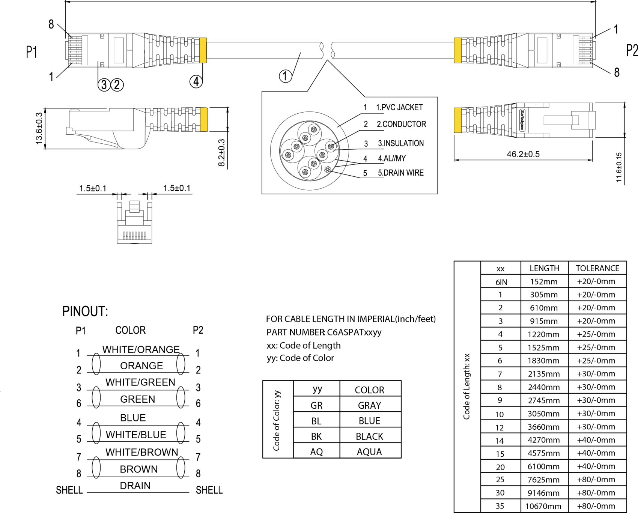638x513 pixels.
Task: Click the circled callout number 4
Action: click(196, 81)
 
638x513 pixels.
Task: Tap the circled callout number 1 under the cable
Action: click(285, 76)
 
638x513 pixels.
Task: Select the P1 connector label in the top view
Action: click(32, 52)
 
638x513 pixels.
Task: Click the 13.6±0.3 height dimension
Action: click(39, 128)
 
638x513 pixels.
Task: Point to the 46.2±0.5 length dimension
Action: click(523, 154)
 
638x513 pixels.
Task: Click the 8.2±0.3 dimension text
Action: click(221, 153)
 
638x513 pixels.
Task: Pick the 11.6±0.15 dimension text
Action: click(619, 167)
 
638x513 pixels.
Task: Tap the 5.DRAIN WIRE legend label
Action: click(400, 173)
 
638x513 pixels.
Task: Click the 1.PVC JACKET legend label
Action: click(399, 107)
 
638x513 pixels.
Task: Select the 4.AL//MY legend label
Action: click(392, 158)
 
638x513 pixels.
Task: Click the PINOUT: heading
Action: click(85, 311)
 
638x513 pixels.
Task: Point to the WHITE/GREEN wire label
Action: click(140, 382)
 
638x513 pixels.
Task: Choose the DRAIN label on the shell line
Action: click(135, 486)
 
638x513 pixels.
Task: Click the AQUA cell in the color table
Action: click(369, 452)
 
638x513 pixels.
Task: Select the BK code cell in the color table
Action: click(316, 436)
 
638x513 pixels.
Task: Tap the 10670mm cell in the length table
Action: click(543, 506)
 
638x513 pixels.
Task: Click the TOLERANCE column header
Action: click(597, 268)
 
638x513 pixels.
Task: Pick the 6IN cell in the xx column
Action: click(501, 282)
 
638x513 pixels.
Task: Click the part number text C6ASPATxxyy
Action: click(354, 332)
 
